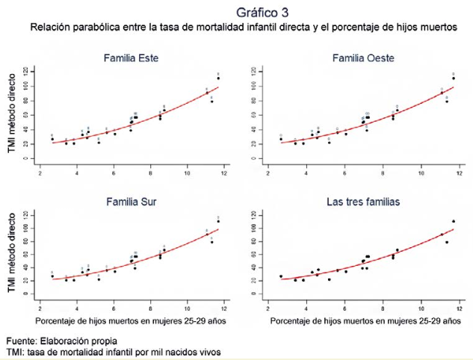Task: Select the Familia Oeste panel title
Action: coord(363,58)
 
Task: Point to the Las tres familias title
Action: coord(362,202)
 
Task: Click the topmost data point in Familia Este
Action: coord(218,78)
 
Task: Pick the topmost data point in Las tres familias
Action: coord(454,221)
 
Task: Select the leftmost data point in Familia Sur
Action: coord(52,276)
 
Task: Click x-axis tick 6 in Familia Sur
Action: coord(114,305)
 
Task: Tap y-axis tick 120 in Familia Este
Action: coord(25,71)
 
